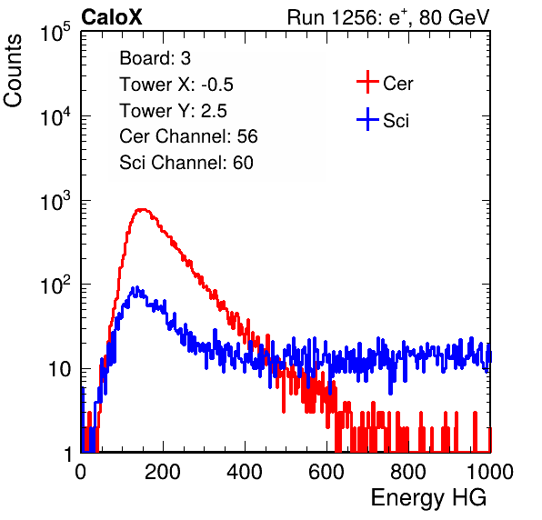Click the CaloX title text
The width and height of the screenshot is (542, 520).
click(111, 17)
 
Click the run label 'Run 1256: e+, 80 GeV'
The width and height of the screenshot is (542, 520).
click(388, 17)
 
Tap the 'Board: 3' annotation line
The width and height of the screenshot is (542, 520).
click(156, 58)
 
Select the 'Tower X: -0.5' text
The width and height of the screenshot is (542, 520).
click(176, 85)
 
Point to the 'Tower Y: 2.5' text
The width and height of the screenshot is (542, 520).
click(173, 111)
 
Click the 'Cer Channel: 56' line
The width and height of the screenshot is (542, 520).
click(188, 136)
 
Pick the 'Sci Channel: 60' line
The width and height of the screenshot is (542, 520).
click(186, 163)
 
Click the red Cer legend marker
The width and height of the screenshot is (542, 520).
click(367, 82)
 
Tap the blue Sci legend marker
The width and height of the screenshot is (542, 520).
click(367, 119)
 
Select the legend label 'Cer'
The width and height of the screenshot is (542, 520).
click(397, 84)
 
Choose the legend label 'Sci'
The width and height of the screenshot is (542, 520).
click(396, 121)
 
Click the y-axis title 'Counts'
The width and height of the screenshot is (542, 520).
click(13, 71)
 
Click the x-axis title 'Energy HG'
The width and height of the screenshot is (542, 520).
click(428, 498)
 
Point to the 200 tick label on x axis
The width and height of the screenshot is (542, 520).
click(163, 472)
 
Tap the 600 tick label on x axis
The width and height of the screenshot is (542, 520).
click(326, 472)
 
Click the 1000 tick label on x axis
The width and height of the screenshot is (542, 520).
click(490, 472)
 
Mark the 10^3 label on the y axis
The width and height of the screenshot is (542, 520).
click(55, 201)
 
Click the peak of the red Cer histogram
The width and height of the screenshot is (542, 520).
click(142, 209)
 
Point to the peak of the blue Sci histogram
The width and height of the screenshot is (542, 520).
click(137, 287)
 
